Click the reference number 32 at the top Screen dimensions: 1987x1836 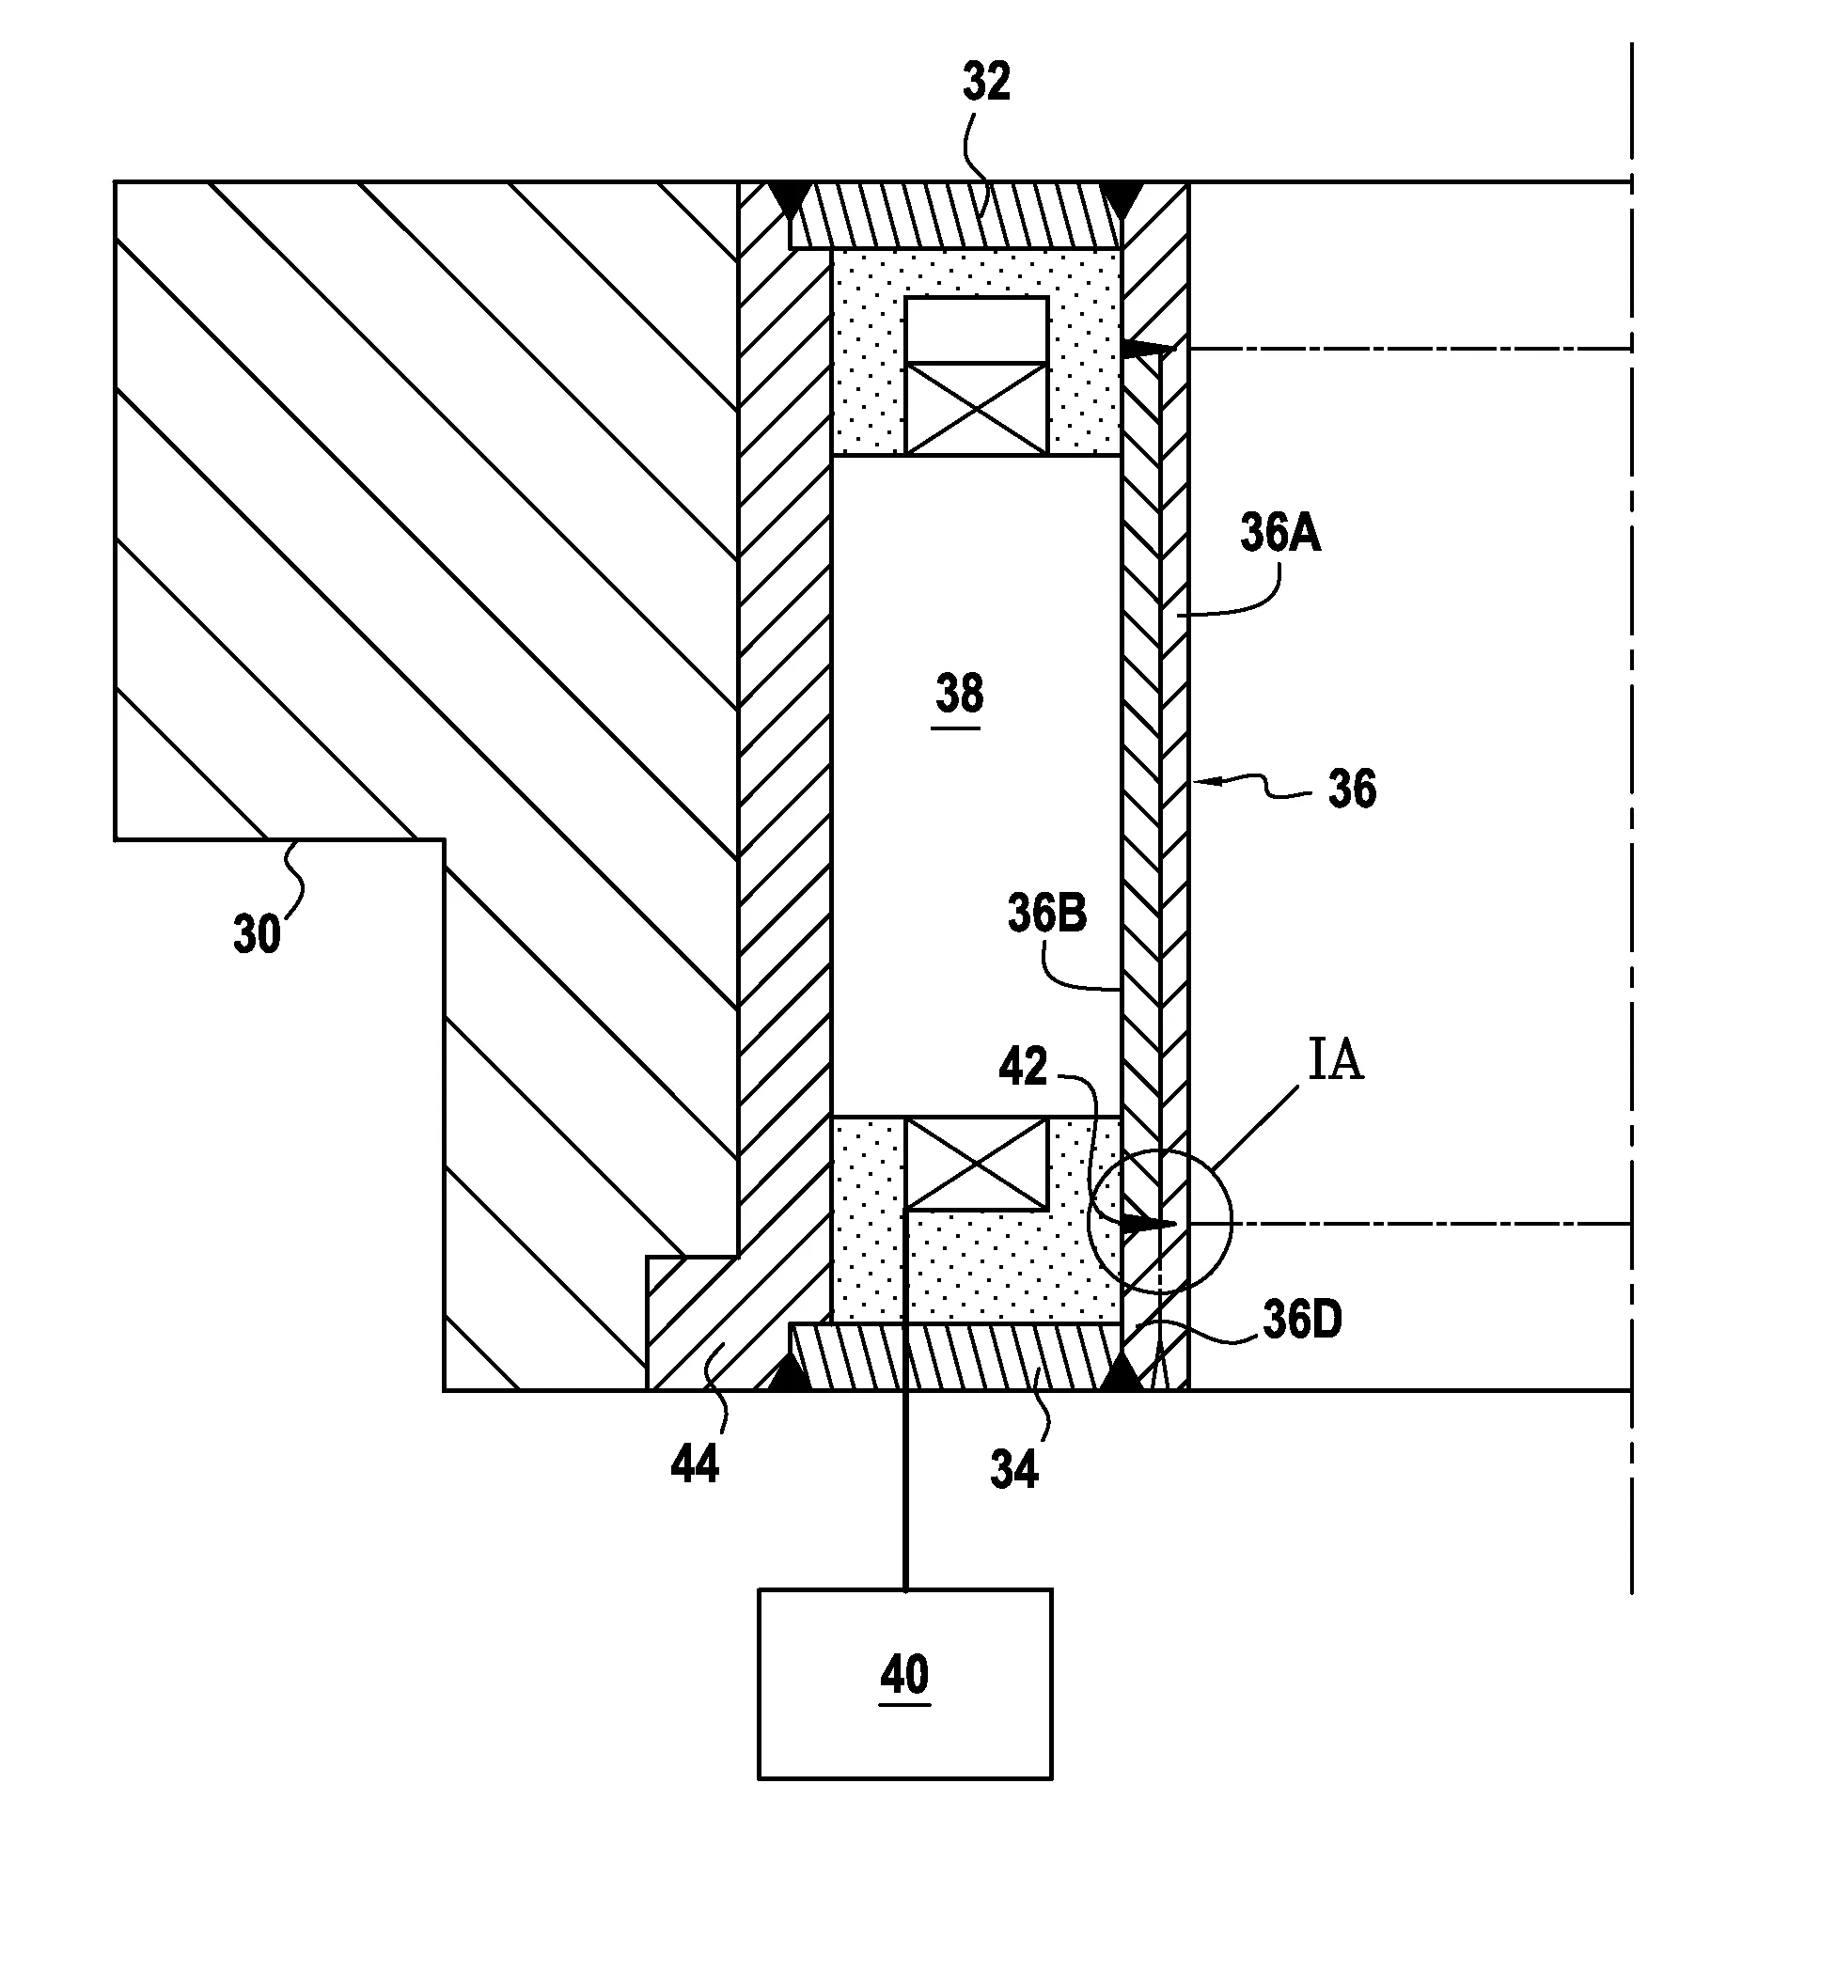coord(985,83)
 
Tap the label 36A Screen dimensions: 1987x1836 coord(1279,534)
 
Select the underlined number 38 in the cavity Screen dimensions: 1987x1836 coord(959,694)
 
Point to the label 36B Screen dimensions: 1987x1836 coord(1046,913)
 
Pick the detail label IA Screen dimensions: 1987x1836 coord(1334,1060)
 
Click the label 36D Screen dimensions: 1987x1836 coord(1301,1320)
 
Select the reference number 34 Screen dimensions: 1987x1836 coord(1013,1469)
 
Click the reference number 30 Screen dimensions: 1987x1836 coord(258,934)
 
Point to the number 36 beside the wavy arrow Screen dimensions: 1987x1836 coord(1351,790)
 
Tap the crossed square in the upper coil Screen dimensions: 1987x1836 coord(977,408)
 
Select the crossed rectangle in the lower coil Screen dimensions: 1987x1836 coord(977,1164)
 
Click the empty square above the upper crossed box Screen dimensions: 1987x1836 coord(977,330)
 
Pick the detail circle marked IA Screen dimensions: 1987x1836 coord(1159,1221)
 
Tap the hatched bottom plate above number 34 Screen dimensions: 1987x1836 coord(954,1357)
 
